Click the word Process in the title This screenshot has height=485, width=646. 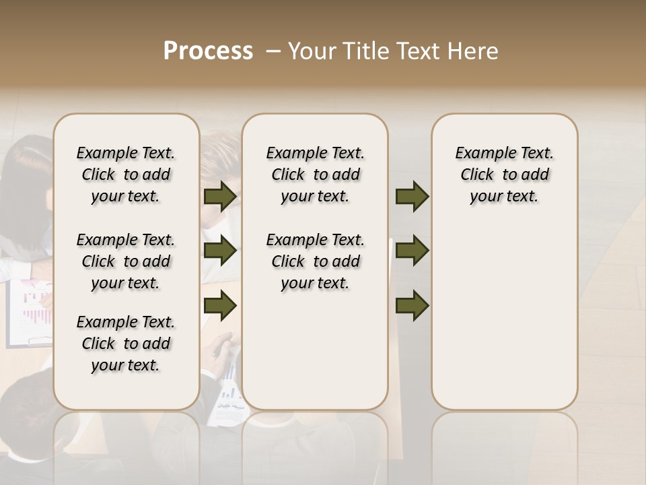pyautogui.click(x=208, y=51)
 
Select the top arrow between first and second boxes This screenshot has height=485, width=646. pyautogui.click(x=220, y=196)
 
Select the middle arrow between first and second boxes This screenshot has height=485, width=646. pyautogui.click(x=220, y=251)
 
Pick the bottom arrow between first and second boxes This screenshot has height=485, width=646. pyautogui.click(x=220, y=306)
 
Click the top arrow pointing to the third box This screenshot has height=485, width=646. pyautogui.click(x=412, y=196)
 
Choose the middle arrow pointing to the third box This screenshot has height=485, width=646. pyautogui.click(x=412, y=251)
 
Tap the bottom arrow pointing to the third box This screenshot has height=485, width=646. pyautogui.click(x=412, y=306)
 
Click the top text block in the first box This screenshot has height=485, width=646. pyautogui.click(x=126, y=174)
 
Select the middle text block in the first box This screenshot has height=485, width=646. pyautogui.click(x=126, y=261)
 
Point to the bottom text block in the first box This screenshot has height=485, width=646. pyautogui.click(x=126, y=344)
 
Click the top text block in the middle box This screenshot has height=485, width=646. pyautogui.click(x=315, y=174)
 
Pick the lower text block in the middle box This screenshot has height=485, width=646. pyautogui.click(x=315, y=261)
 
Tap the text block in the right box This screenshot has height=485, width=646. pyautogui.click(x=504, y=174)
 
